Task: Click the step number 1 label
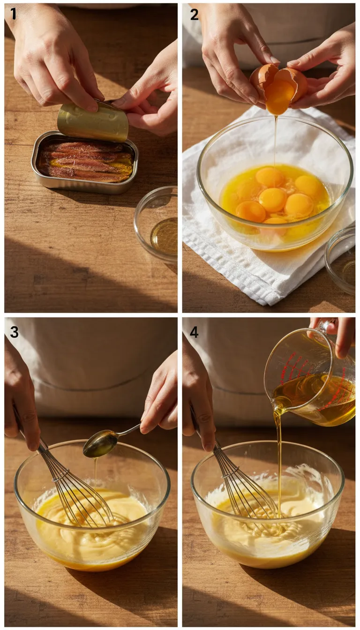coord(13,15)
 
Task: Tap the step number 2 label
coord(194,15)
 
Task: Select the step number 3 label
coord(14,332)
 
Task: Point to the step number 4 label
coord(194,332)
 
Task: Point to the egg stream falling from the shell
coord(276,141)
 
